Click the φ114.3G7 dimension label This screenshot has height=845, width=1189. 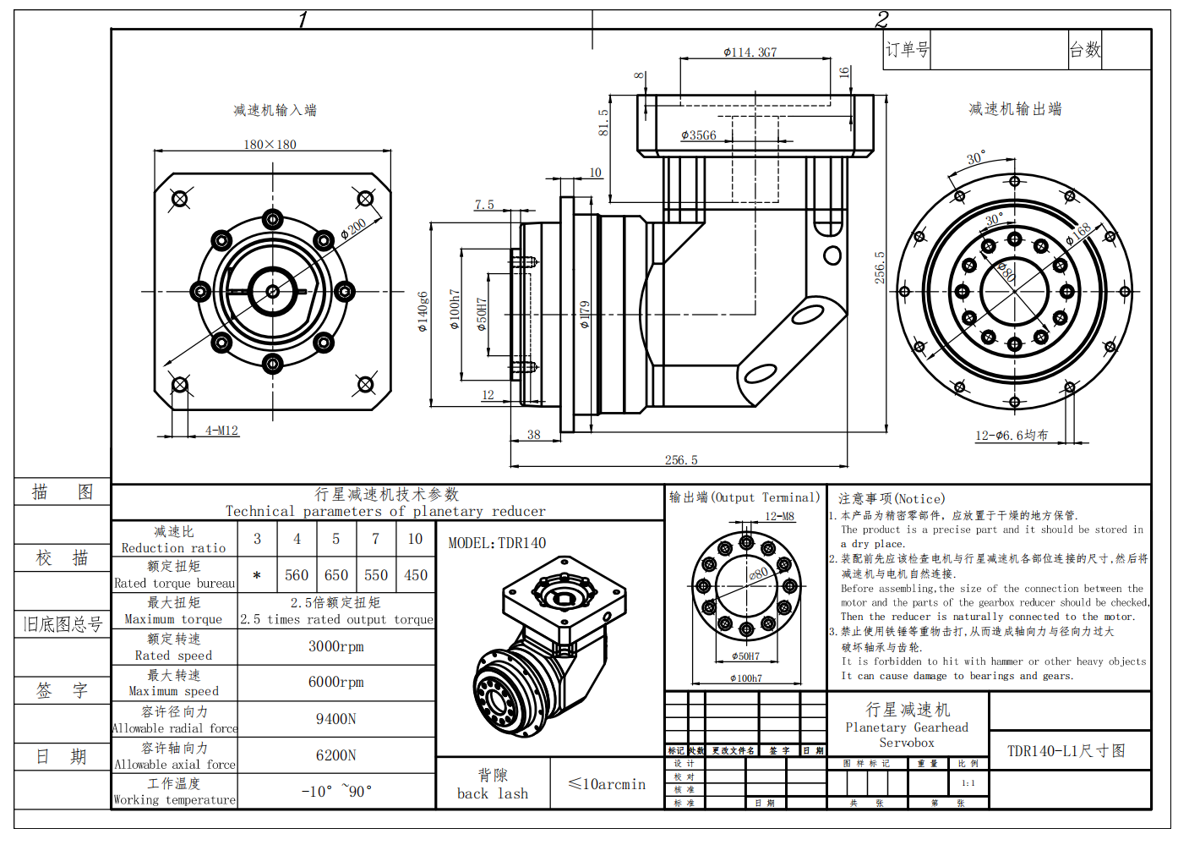(750, 52)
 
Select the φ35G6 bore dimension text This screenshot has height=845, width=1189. (699, 135)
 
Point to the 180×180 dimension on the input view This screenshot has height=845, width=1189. (270, 145)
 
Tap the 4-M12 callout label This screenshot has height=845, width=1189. (221, 431)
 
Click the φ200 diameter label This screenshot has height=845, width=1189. (353, 229)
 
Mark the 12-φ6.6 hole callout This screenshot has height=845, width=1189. (1011, 436)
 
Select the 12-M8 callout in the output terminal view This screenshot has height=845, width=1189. (779, 516)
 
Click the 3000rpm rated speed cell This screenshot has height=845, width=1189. (335, 646)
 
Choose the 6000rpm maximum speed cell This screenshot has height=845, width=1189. (335, 682)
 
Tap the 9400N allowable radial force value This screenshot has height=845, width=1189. (335, 719)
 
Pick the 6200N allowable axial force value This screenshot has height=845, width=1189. (335, 755)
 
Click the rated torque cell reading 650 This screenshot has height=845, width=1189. (336, 575)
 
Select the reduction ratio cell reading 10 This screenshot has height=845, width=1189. (415, 539)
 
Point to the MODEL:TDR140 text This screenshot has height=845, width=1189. (497, 543)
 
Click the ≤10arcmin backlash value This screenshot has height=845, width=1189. (607, 784)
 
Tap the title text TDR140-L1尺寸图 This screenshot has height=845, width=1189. (1066, 751)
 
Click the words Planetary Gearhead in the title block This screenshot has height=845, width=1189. (907, 727)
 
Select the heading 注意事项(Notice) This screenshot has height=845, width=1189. (891, 499)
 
